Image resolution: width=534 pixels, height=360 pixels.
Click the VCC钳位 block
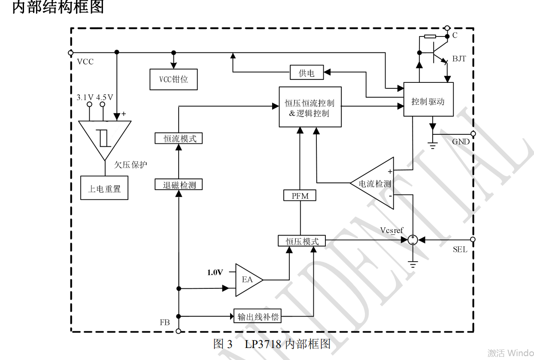(173, 79)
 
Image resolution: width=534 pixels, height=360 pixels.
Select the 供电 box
(306, 73)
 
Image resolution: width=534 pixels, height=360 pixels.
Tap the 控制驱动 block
(428, 101)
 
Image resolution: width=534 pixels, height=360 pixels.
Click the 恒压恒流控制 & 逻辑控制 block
(310, 107)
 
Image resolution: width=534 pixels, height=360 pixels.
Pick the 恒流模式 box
(178, 139)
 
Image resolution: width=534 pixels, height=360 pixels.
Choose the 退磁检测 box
(178, 185)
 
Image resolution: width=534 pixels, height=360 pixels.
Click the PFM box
(300, 196)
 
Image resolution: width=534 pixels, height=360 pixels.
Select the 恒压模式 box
(302, 241)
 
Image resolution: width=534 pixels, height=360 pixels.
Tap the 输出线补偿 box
(258, 317)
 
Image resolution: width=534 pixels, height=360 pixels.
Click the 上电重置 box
(104, 188)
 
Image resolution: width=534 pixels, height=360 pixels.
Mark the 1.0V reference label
(215, 272)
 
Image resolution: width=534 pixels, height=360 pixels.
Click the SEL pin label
(460, 250)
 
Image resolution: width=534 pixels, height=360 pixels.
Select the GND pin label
(461, 142)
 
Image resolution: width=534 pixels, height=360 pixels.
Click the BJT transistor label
(459, 59)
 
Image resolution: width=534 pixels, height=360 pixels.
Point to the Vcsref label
(391, 230)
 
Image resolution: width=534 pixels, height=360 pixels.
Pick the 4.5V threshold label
(104, 97)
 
